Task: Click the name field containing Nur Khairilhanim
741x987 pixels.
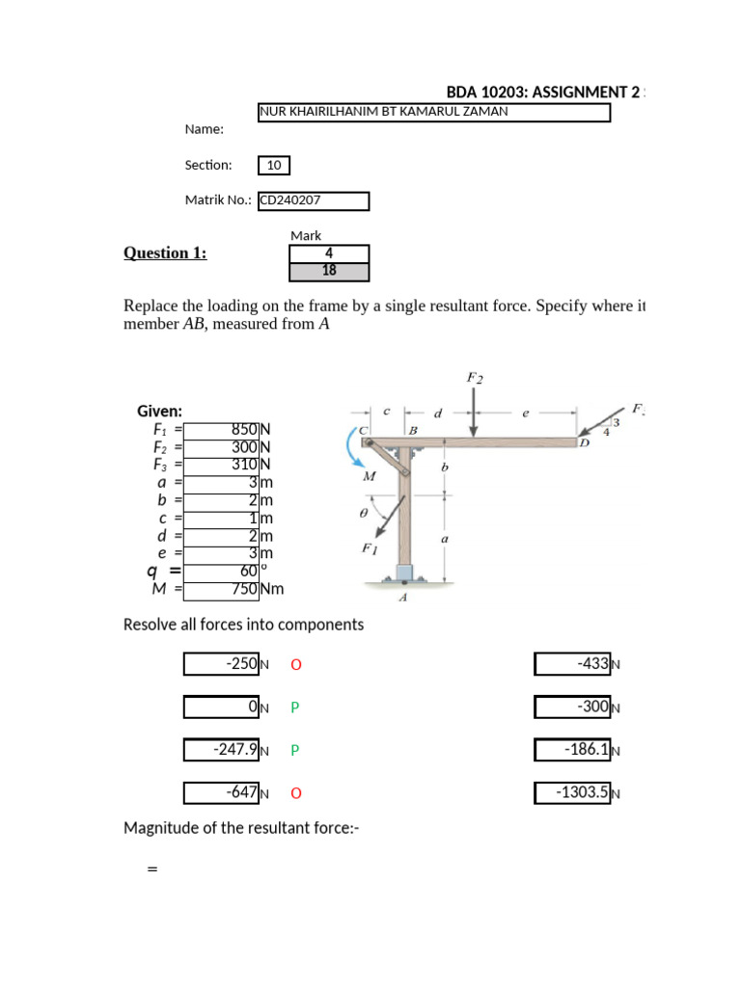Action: (x=434, y=113)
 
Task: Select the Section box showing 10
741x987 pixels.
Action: (x=274, y=166)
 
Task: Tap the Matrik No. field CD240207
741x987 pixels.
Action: (x=314, y=200)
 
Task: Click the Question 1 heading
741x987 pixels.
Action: (x=165, y=253)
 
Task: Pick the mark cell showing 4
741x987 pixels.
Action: (x=329, y=253)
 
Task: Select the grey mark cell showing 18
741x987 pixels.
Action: (x=329, y=271)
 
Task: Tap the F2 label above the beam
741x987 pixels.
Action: (x=475, y=379)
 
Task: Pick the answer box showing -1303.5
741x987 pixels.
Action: (x=572, y=793)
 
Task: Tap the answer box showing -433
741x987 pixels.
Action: (x=572, y=664)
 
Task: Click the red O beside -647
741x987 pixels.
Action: (x=295, y=793)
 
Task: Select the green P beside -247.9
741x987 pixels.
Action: (x=295, y=750)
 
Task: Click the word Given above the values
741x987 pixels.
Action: (x=159, y=411)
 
